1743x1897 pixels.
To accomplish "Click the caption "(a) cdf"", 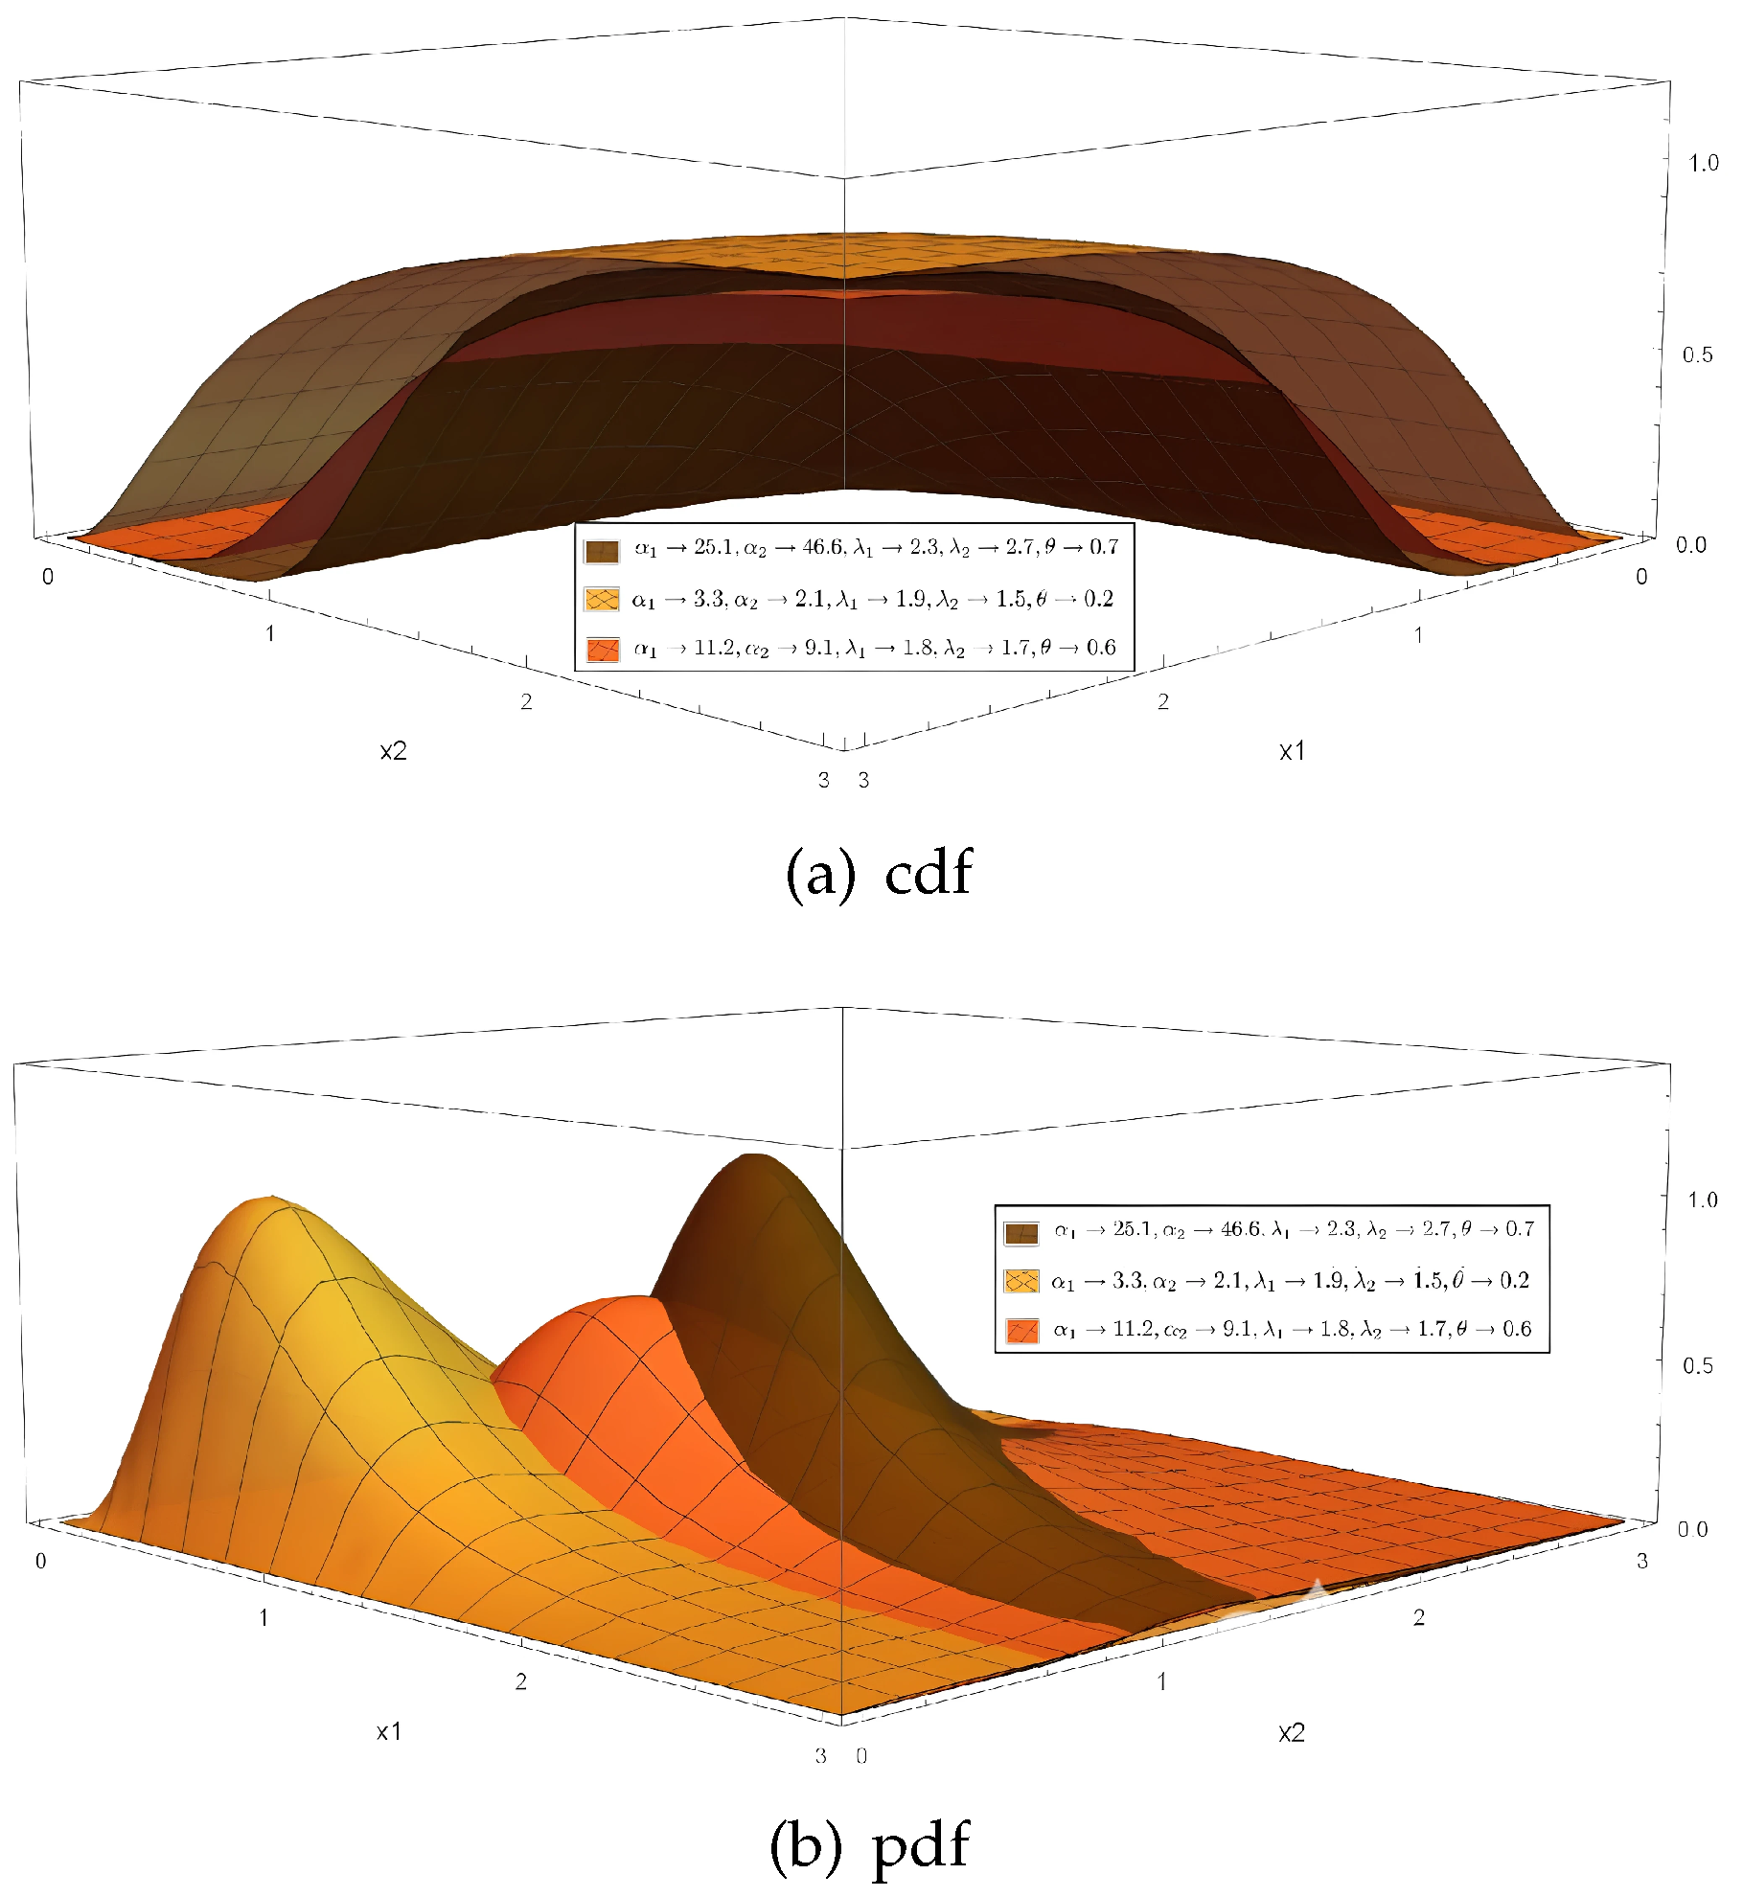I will point(878,873).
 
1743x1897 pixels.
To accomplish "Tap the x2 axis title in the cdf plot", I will point(393,751).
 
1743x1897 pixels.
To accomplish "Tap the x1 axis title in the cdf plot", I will point(1292,752).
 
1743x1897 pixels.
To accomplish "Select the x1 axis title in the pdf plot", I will point(389,1731).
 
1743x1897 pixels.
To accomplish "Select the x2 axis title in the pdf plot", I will point(1291,1732).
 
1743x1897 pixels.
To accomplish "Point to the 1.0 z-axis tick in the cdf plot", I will point(1703,164).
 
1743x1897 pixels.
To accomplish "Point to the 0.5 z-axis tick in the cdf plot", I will point(1697,355).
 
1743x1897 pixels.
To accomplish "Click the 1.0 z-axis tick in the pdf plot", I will point(1702,1200).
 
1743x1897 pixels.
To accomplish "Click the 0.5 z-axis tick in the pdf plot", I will point(1697,1365).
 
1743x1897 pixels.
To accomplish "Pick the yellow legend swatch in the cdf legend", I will point(602,601).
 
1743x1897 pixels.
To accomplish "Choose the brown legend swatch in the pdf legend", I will point(1021,1233).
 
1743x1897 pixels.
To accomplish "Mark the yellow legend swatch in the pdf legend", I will point(1021,1281).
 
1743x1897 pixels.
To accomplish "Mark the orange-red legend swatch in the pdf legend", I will point(1021,1330).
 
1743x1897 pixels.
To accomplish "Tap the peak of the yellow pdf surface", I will point(270,1199).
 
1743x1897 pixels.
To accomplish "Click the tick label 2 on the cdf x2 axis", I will point(526,702).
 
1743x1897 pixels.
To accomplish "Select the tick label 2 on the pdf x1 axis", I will point(520,1681).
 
